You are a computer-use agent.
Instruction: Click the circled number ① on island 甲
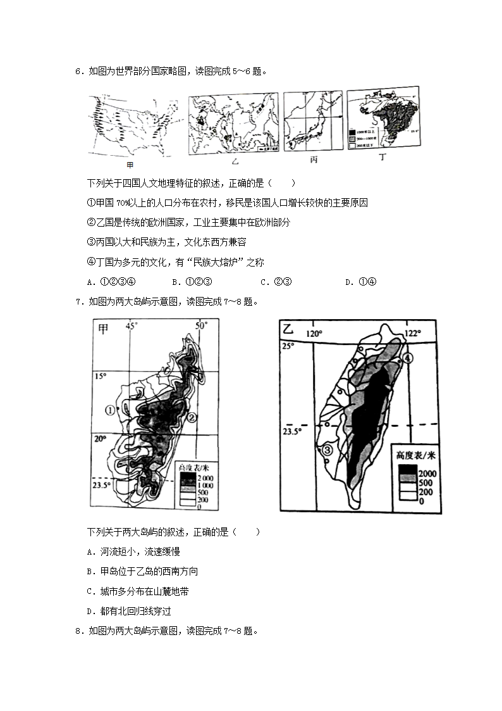111,410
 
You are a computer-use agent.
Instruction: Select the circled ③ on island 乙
328,450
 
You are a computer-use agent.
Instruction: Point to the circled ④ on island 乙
408,358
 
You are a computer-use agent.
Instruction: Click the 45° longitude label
131,327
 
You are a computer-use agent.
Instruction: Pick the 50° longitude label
201,326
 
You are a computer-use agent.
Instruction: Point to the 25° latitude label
288,346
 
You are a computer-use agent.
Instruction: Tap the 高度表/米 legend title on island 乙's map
416,455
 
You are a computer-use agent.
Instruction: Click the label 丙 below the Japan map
314,160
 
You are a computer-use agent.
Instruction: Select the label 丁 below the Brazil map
382,158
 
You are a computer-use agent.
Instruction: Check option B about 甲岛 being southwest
142,571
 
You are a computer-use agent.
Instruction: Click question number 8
78,631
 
